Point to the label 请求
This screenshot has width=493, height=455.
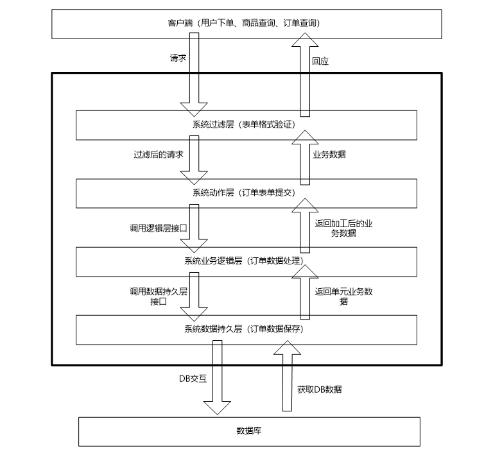pyautogui.click(x=178, y=58)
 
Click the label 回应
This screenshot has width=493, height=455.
pyautogui.click(x=320, y=62)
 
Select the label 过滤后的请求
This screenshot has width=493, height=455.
pyautogui.click(x=158, y=155)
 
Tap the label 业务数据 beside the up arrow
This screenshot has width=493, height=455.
pyautogui.click(x=329, y=155)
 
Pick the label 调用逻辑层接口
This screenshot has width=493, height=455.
pyautogui.click(x=158, y=228)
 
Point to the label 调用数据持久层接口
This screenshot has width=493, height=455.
pyautogui.click(x=158, y=296)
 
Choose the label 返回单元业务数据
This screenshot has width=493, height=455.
pyautogui.click(x=344, y=296)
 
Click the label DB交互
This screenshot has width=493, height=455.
pyautogui.click(x=193, y=378)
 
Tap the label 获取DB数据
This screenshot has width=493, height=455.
pyautogui.click(x=319, y=389)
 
